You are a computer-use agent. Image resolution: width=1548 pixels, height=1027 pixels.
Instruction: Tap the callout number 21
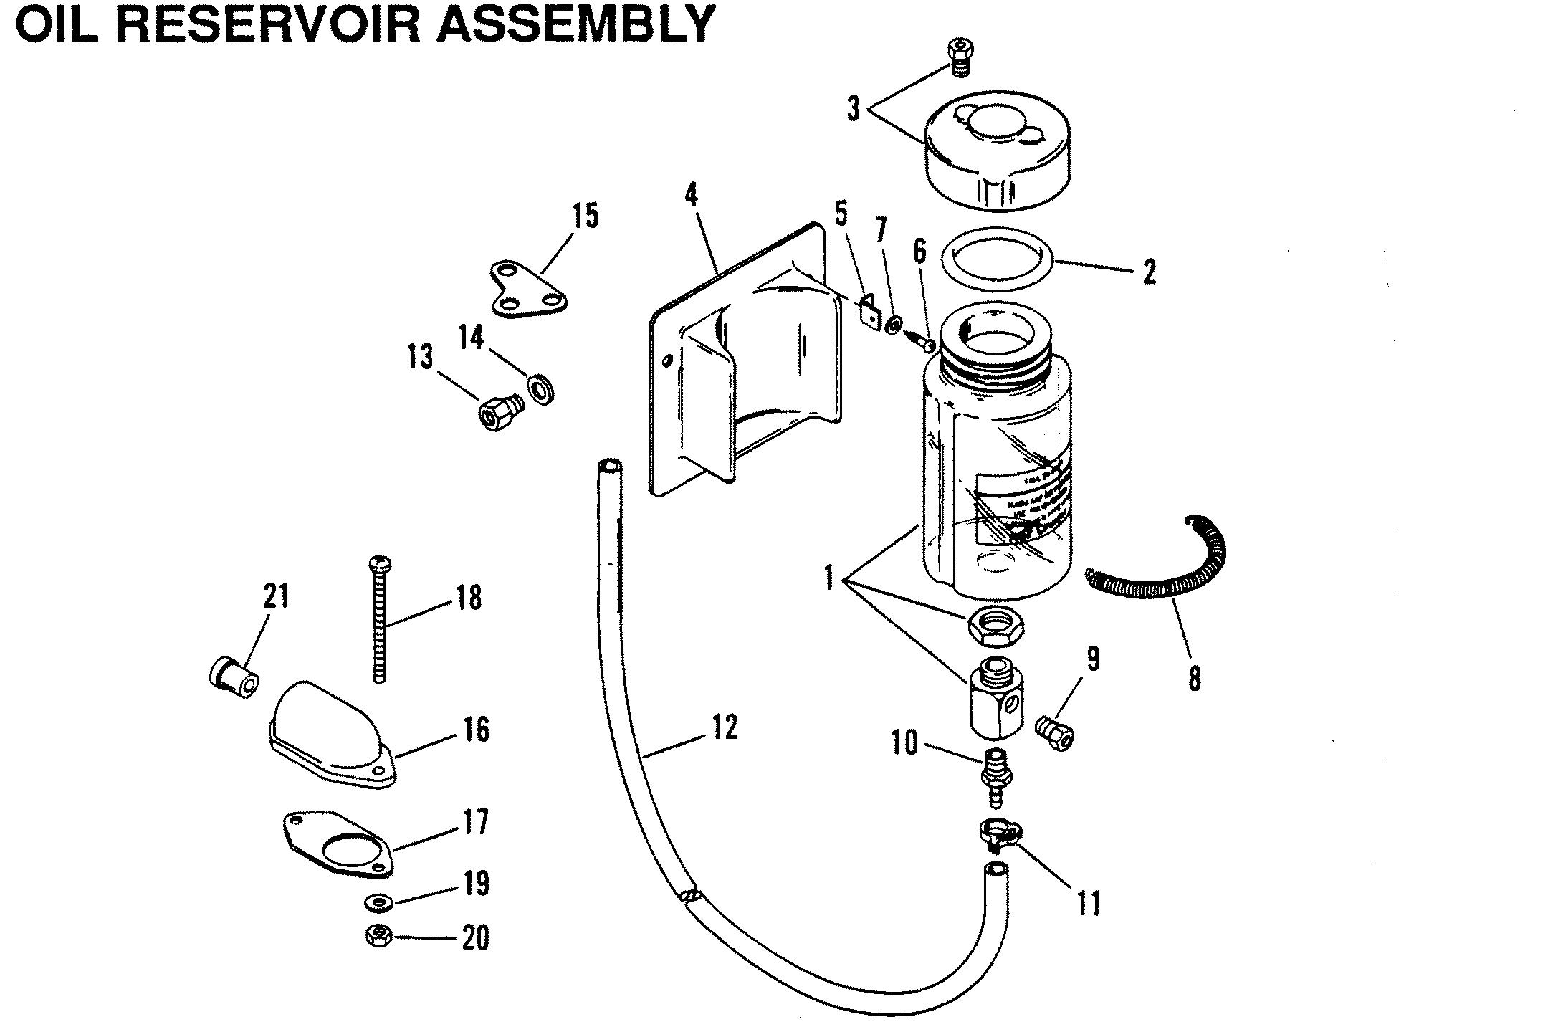276,596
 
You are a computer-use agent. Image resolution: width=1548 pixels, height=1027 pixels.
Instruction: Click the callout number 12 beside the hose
725,727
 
